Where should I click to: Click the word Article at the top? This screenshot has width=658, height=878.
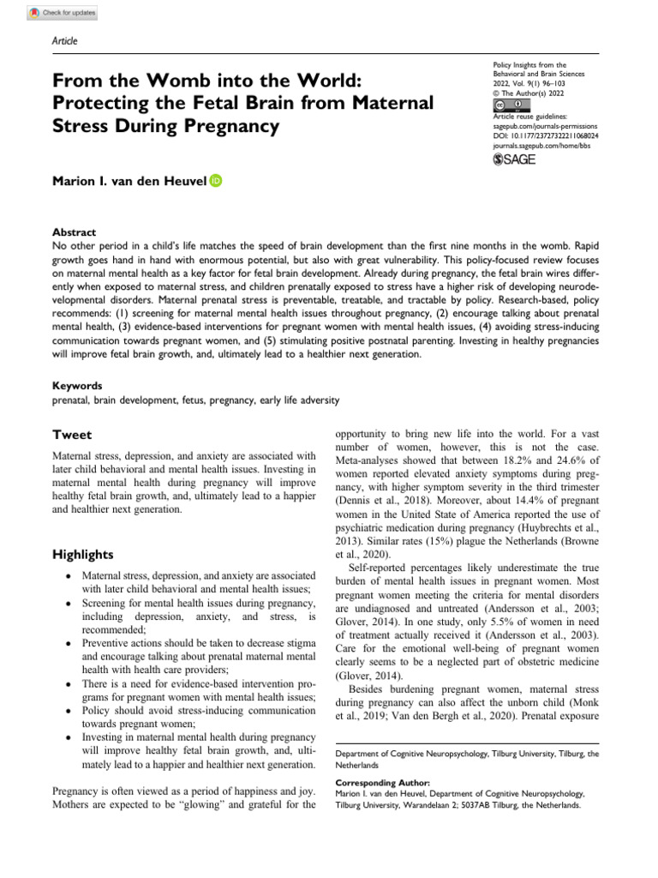click(x=65, y=41)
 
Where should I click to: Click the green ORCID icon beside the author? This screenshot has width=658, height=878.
click(x=215, y=180)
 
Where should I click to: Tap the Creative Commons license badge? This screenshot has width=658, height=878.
click(x=506, y=105)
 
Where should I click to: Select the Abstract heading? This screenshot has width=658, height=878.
click(x=74, y=232)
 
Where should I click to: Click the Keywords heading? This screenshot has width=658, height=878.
click(x=77, y=386)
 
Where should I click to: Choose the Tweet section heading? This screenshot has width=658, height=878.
click(x=72, y=435)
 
